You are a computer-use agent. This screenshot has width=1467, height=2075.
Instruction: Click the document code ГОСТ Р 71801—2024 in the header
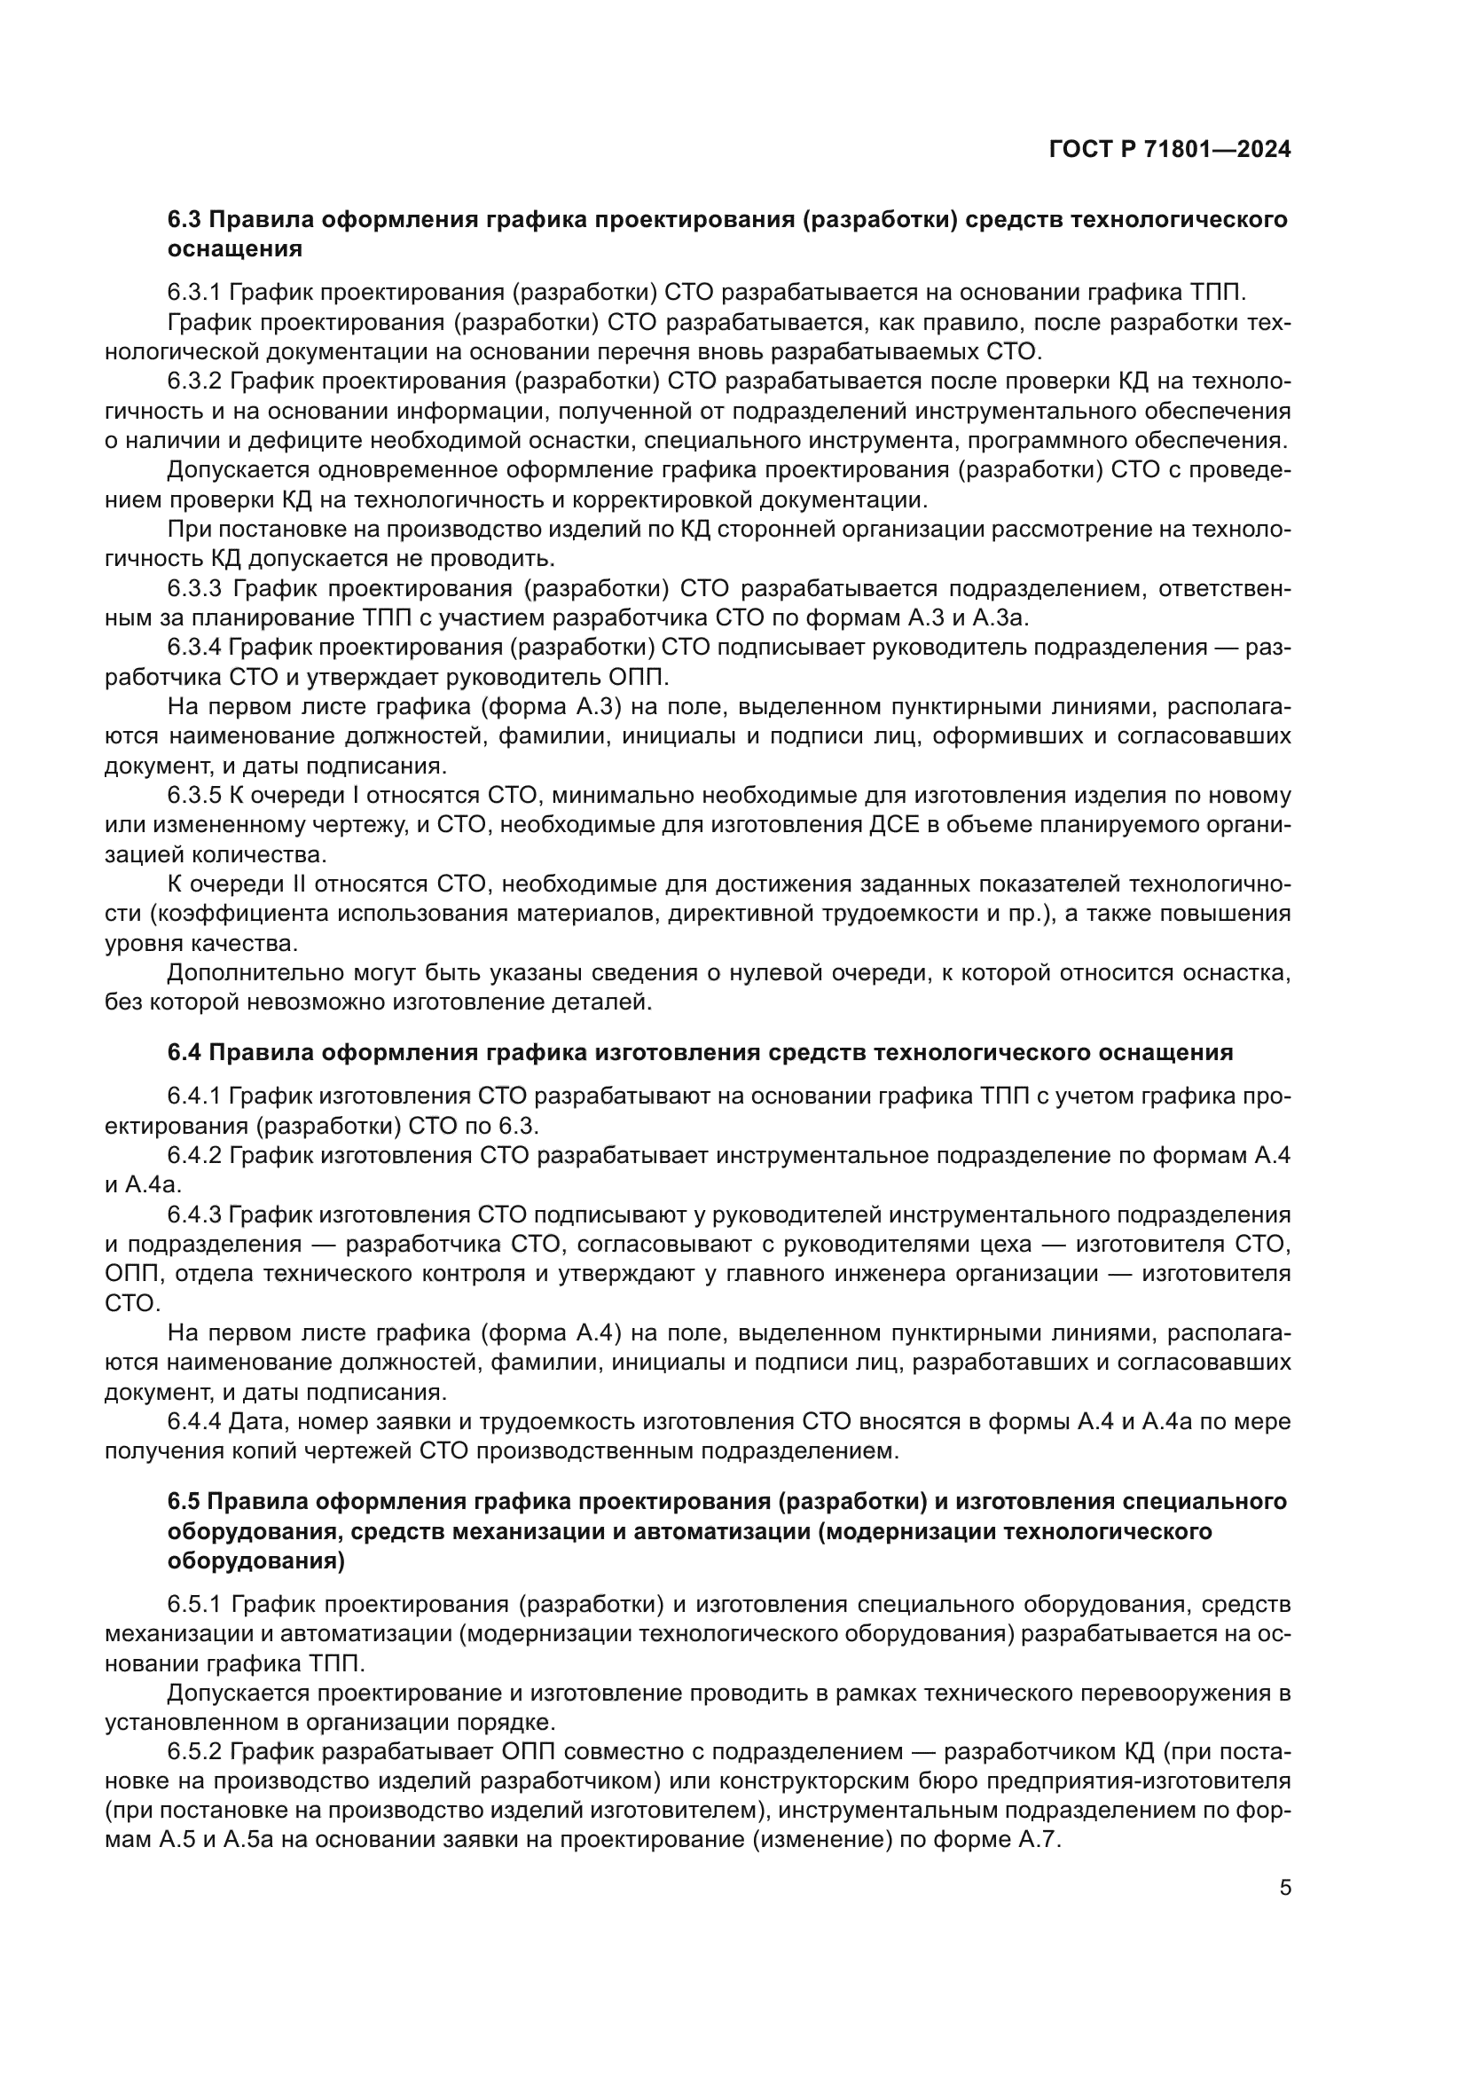click(x=1170, y=150)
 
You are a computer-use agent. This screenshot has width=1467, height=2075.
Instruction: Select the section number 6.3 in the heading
click(x=185, y=220)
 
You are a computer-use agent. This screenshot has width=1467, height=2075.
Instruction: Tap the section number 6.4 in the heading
click(x=185, y=1052)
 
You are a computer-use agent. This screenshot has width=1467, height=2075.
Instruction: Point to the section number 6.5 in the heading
click(x=185, y=1501)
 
